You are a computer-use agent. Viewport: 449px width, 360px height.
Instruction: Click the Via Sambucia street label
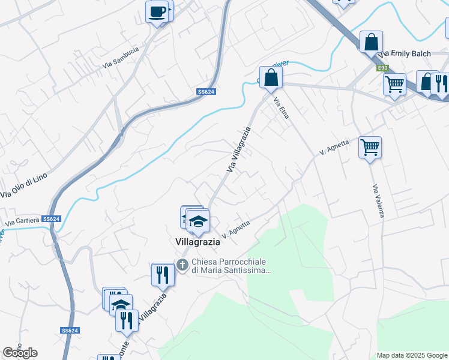point(121,57)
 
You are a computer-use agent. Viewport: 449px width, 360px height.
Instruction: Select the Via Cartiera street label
point(22,222)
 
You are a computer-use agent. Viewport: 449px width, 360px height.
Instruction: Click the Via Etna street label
point(281,108)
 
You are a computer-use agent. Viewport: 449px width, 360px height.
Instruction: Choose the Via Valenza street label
point(378,200)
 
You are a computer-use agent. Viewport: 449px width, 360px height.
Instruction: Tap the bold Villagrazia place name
point(197,243)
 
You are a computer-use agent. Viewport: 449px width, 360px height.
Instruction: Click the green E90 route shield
point(382,68)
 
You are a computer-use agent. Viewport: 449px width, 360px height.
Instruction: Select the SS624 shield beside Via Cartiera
point(52,219)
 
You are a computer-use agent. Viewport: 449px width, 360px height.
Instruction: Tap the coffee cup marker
point(157,11)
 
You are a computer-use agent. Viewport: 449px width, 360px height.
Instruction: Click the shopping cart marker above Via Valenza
point(370,147)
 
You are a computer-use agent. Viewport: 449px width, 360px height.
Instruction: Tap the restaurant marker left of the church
point(163,275)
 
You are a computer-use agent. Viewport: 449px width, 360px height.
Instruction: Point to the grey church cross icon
point(182,264)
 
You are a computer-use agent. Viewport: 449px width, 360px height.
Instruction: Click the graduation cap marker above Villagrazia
point(198,222)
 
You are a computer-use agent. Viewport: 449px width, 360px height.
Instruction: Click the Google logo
point(20,353)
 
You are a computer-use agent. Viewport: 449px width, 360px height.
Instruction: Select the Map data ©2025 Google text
point(411,355)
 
